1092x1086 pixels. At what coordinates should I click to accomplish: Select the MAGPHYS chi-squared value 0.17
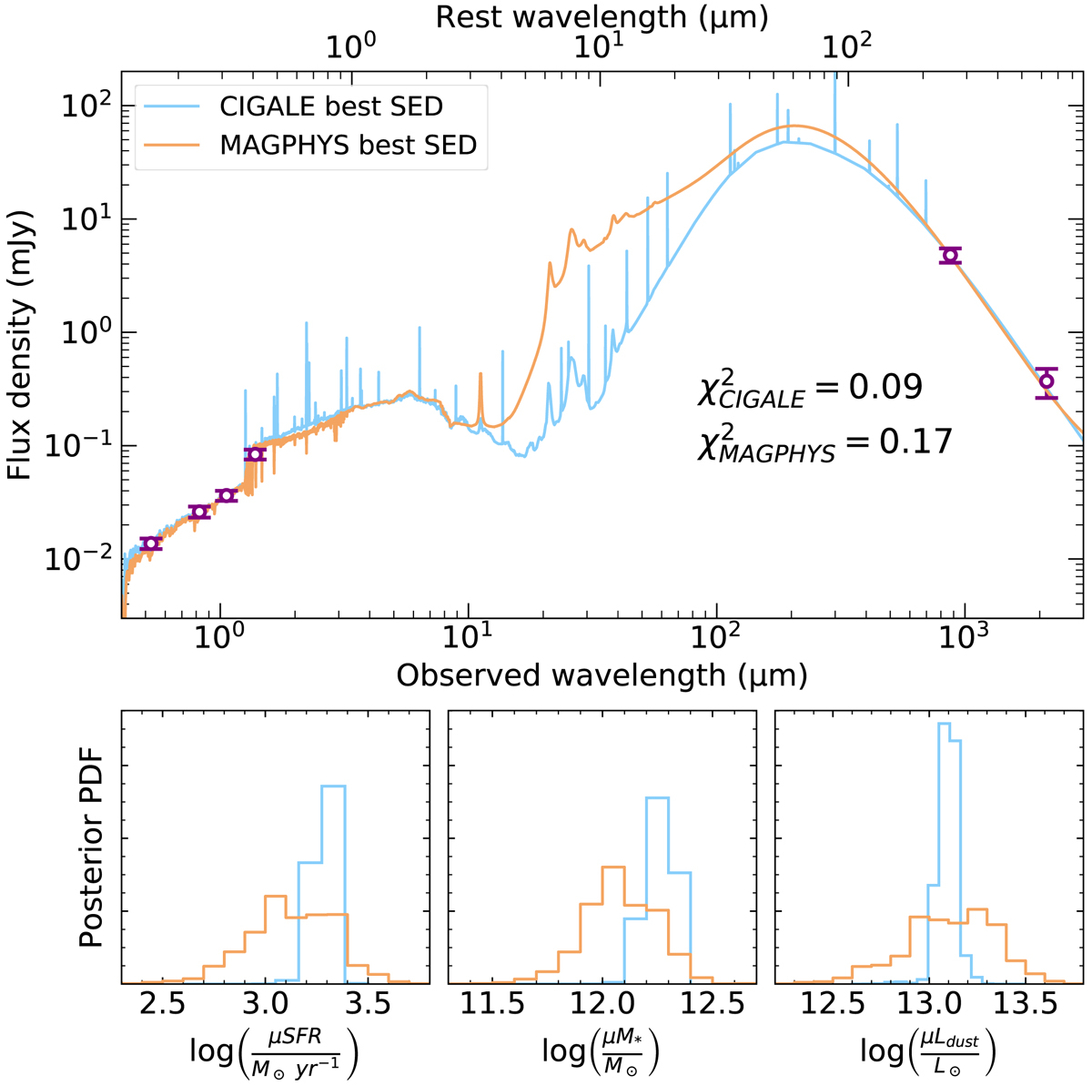(824, 443)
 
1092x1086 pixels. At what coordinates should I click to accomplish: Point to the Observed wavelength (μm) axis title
(602, 675)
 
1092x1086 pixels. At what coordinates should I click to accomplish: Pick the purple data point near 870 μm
(951, 256)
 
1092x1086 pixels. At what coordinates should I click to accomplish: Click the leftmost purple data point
(151, 543)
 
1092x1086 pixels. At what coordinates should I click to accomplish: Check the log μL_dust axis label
(928, 1052)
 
